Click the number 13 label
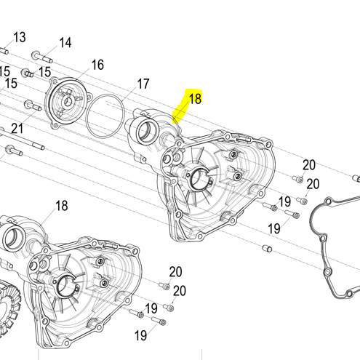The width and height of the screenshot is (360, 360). [20, 38]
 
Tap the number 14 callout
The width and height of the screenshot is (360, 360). [65, 43]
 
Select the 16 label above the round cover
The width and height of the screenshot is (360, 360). [97, 65]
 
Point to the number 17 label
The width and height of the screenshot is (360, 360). [143, 84]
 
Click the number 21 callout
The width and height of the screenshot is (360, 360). [17, 129]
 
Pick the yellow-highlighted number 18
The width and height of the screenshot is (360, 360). [195, 99]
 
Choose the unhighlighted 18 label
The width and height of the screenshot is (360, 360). [62, 206]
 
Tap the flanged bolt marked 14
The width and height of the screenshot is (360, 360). [42, 57]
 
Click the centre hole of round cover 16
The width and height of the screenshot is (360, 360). [68, 102]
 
